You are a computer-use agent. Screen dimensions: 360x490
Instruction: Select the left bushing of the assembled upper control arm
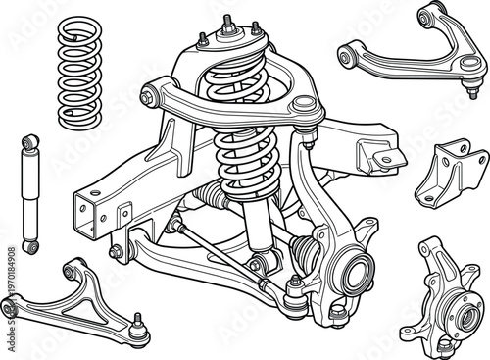point(149,95)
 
